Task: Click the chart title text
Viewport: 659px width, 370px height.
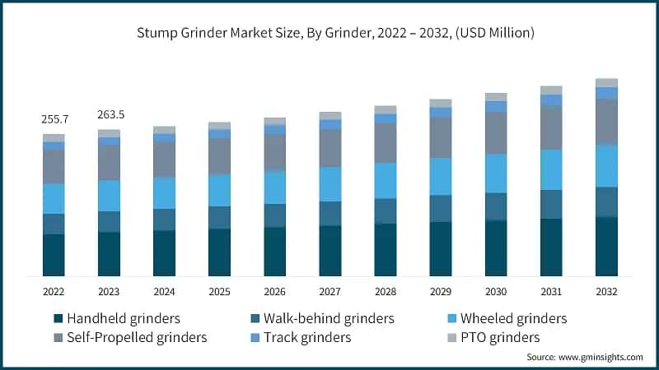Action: coord(329,33)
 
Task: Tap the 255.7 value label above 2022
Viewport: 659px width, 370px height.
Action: coord(54,119)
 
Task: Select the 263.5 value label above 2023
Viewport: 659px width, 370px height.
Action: coord(109,115)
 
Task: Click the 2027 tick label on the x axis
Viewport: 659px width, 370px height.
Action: coord(329,291)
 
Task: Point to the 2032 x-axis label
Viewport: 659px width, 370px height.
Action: coord(606,291)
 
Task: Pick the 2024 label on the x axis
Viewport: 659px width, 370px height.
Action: coord(164,291)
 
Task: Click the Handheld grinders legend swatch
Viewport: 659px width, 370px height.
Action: coord(58,319)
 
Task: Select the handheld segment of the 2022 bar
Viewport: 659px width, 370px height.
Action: coord(54,255)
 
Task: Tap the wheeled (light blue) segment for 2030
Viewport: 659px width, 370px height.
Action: coord(496,173)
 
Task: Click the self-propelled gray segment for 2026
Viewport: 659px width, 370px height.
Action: coord(274,152)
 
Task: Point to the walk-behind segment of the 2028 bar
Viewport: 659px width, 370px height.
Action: coord(385,210)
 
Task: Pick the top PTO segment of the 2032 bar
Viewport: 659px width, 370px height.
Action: coord(606,82)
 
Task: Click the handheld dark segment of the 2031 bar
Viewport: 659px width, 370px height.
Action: coord(551,247)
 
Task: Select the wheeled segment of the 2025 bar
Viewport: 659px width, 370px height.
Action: coord(219,190)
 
